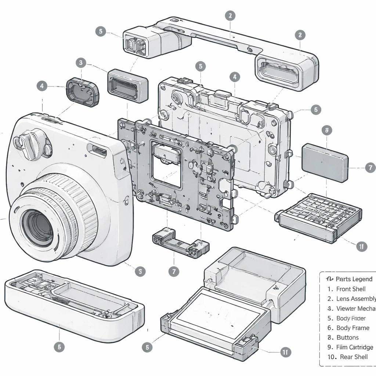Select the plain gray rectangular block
tap(325, 162)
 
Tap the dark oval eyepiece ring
tap(83, 91)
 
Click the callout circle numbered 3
tap(81, 62)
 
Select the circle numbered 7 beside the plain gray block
tap(370, 168)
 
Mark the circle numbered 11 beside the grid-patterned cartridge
tap(362, 246)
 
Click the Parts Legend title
tap(354, 279)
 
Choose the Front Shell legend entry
tap(351, 289)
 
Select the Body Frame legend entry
tap(352, 328)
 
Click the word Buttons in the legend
tap(347, 337)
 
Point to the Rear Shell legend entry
tap(353, 357)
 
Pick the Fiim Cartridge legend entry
tap(354, 347)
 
